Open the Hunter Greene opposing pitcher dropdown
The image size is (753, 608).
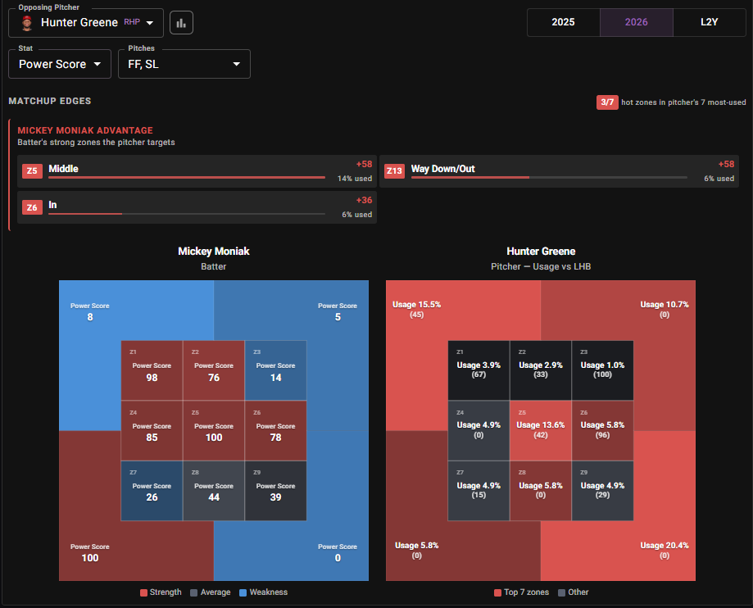tap(86, 23)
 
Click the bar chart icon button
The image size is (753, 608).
tap(181, 23)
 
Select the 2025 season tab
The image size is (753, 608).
tap(563, 22)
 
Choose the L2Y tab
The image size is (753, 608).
tap(710, 22)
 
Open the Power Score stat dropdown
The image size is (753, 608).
tap(60, 64)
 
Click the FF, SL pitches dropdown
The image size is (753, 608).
tap(184, 64)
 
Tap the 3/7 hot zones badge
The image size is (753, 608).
tap(607, 102)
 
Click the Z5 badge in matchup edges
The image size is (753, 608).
tap(32, 170)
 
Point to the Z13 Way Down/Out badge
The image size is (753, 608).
tap(394, 170)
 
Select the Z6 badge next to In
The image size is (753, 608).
tap(32, 207)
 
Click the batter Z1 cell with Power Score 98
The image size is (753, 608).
tap(152, 370)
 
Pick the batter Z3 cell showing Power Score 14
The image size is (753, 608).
tap(275, 370)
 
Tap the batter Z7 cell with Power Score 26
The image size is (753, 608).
tap(152, 490)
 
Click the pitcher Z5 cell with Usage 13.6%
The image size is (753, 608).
tap(541, 430)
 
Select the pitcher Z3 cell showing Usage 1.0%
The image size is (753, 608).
tap(603, 370)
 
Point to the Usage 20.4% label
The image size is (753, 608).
tap(665, 545)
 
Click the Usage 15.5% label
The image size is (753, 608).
tap(416, 304)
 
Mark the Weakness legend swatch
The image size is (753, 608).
tap(243, 592)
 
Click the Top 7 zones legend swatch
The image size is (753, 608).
tap(497, 592)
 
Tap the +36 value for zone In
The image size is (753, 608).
tap(364, 200)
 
